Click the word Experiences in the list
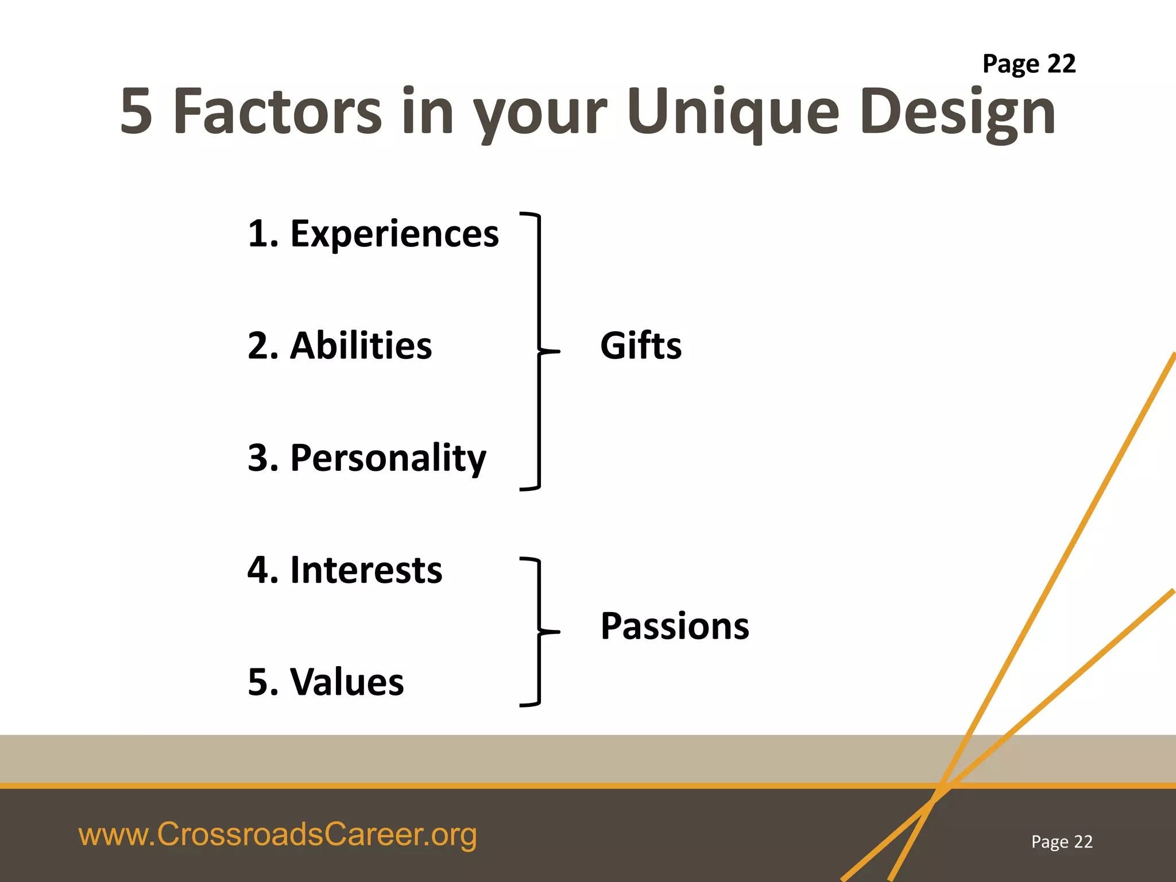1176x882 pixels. (394, 234)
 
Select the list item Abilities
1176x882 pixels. (361, 346)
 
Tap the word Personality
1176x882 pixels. (388, 458)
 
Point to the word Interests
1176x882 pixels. (366, 570)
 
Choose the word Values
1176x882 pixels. (347, 682)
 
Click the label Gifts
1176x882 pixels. (641, 346)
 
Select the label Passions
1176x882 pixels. (675, 625)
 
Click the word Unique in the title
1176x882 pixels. (733, 111)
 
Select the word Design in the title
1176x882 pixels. (958, 111)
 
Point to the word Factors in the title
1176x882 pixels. (277, 111)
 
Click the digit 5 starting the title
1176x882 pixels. (136, 111)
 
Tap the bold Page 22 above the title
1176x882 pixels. (1028, 64)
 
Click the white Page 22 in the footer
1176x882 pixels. (1062, 841)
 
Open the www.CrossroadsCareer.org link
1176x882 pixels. (277, 834)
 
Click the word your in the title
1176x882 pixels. (540, 111)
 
